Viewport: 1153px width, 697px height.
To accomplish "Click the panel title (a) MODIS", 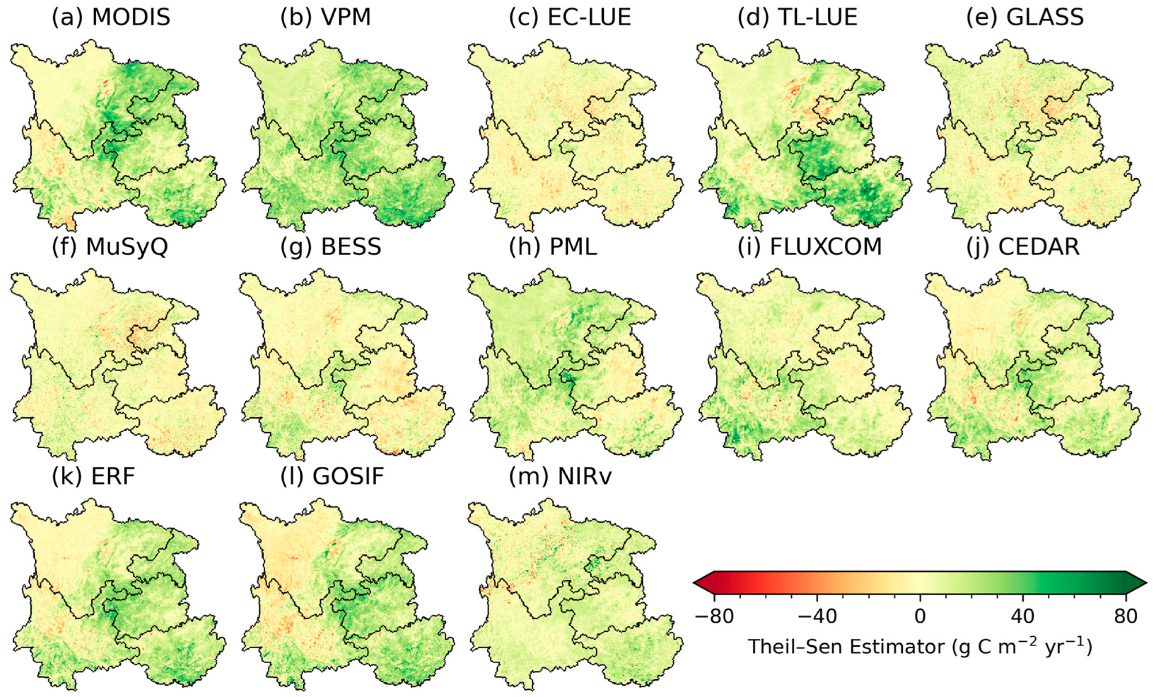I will pos(111,17).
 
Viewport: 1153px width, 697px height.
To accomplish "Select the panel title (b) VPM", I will pos(325,17).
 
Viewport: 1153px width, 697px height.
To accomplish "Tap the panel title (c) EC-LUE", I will pos(570,17).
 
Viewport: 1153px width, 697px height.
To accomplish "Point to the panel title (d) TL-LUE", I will pos(797,17).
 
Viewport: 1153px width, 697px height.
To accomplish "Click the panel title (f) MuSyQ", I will pos(110,247).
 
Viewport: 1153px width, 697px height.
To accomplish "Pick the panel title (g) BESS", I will pos(331,247).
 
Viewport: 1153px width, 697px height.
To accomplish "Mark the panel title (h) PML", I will pos(553,247).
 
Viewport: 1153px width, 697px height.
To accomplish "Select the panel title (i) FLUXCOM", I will pos(810,247).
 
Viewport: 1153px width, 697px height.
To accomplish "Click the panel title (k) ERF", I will pos(93,476).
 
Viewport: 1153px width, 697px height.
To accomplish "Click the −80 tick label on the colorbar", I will pos(714,617).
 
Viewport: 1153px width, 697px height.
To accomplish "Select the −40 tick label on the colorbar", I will pos(817,617).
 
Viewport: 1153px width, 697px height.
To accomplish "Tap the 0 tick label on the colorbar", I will pos(920,617).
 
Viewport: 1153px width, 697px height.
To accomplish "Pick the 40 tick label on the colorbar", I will pos(1022,617).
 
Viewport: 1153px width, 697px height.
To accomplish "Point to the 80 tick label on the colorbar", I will pos(1125,617).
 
